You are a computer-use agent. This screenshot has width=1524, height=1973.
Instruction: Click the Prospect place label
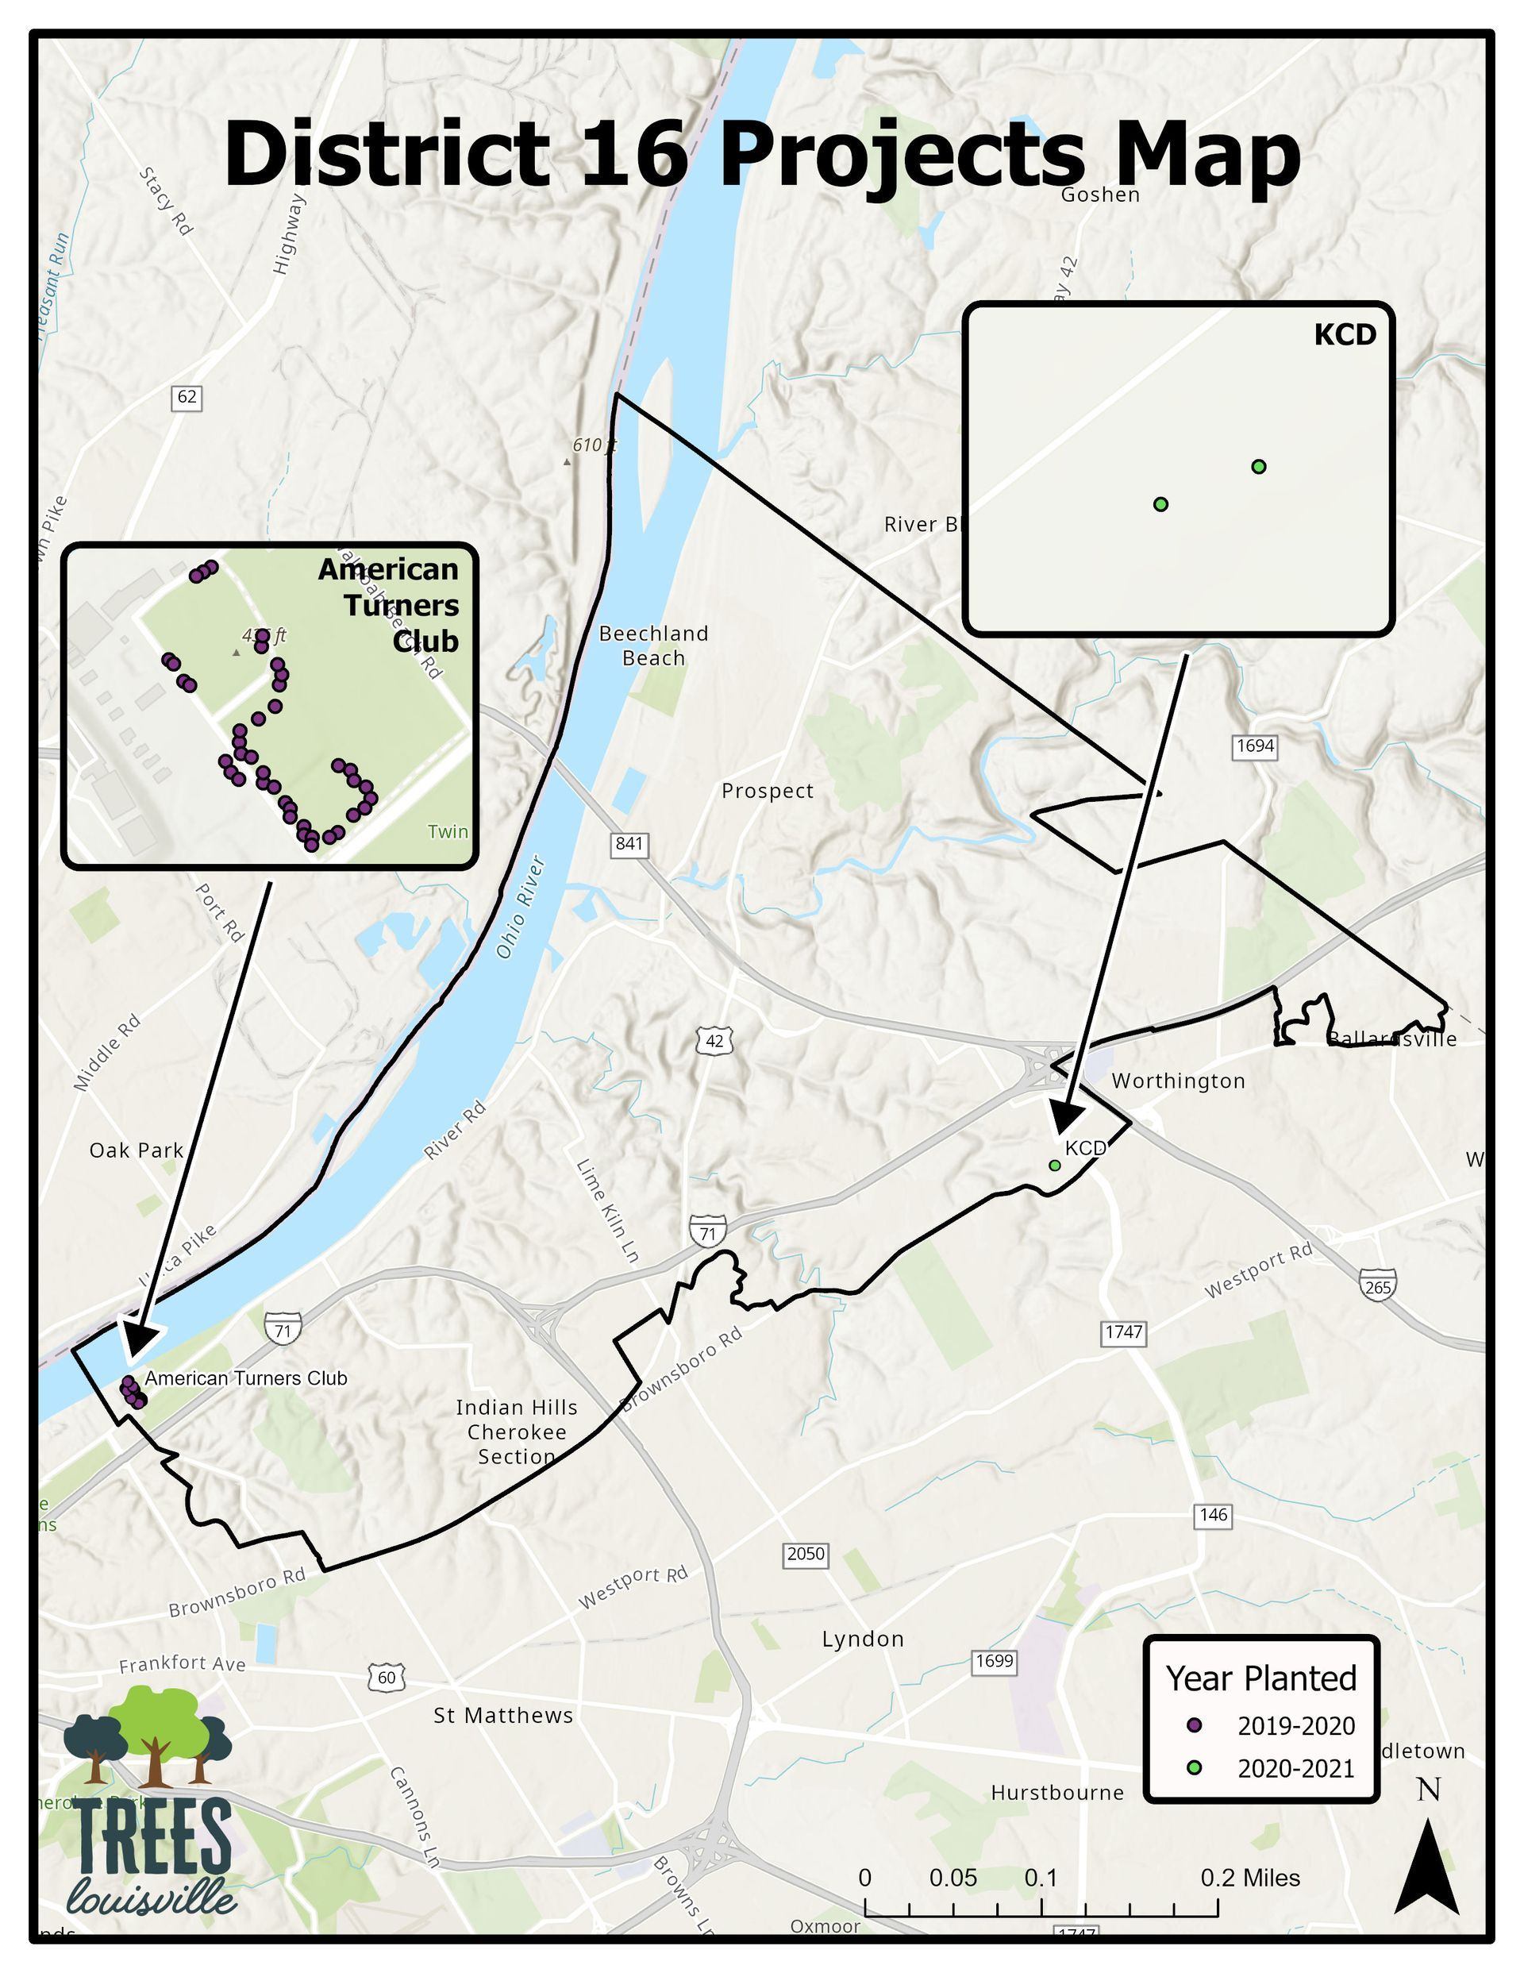(767, 792)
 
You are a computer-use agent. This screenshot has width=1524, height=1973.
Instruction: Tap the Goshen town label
(1099, 195)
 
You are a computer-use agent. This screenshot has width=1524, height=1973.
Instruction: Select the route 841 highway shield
(629, 845)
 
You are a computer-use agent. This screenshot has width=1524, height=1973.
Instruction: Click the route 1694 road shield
(1255, 746)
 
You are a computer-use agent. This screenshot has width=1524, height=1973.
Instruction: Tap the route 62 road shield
(186, 397)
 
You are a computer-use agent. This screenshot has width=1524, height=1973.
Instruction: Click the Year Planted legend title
(1261, 1678)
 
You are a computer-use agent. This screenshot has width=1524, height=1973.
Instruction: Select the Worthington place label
(1177, 1081)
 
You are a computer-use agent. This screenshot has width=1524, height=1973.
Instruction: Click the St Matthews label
(503, 1716)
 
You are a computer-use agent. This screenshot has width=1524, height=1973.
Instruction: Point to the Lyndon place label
(863, 1640)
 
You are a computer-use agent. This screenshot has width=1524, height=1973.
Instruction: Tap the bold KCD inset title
(1345, 335)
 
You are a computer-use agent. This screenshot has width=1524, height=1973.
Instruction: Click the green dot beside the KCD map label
(1054, 1166)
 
